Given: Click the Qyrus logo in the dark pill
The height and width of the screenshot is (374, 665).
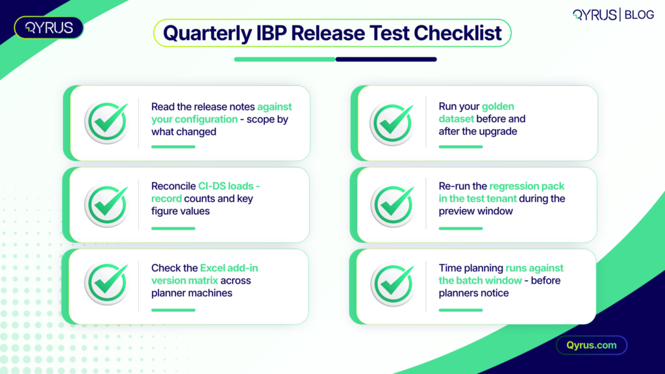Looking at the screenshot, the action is pos(49,28).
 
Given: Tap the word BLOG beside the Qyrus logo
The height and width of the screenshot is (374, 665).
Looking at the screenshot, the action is pos(639,15).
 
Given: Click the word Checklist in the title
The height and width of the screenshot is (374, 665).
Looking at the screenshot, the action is pos(458,33).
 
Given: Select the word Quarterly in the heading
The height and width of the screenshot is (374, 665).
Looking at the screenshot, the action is pos(207,34).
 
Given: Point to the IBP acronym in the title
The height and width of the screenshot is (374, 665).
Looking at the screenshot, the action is pos(271,33).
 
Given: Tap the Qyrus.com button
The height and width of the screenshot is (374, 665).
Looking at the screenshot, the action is pos(592,345).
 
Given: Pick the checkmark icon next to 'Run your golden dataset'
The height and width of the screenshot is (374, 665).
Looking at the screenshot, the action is pos(392,123).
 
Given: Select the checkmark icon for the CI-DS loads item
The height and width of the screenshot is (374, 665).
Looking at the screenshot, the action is pos(107,205).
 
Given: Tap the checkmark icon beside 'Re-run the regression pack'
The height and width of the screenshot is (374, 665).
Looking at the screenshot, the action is pos(393,205).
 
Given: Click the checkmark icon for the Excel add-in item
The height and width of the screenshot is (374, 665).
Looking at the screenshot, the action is pos(107,283).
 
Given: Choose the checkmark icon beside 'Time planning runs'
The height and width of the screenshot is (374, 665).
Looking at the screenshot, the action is pos(393,284).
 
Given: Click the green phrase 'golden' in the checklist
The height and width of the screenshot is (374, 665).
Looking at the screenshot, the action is pos(498,107).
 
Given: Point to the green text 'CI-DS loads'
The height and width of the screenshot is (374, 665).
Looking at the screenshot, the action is pos(225,186).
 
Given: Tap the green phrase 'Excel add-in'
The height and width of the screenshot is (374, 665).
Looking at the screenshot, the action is pos(229,268).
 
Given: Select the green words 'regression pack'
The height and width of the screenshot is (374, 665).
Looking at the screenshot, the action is pos(527,186).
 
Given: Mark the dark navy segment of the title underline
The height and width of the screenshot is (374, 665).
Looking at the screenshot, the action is pos(386,59).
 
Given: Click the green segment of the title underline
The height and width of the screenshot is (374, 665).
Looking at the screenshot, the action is pos(284,59).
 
